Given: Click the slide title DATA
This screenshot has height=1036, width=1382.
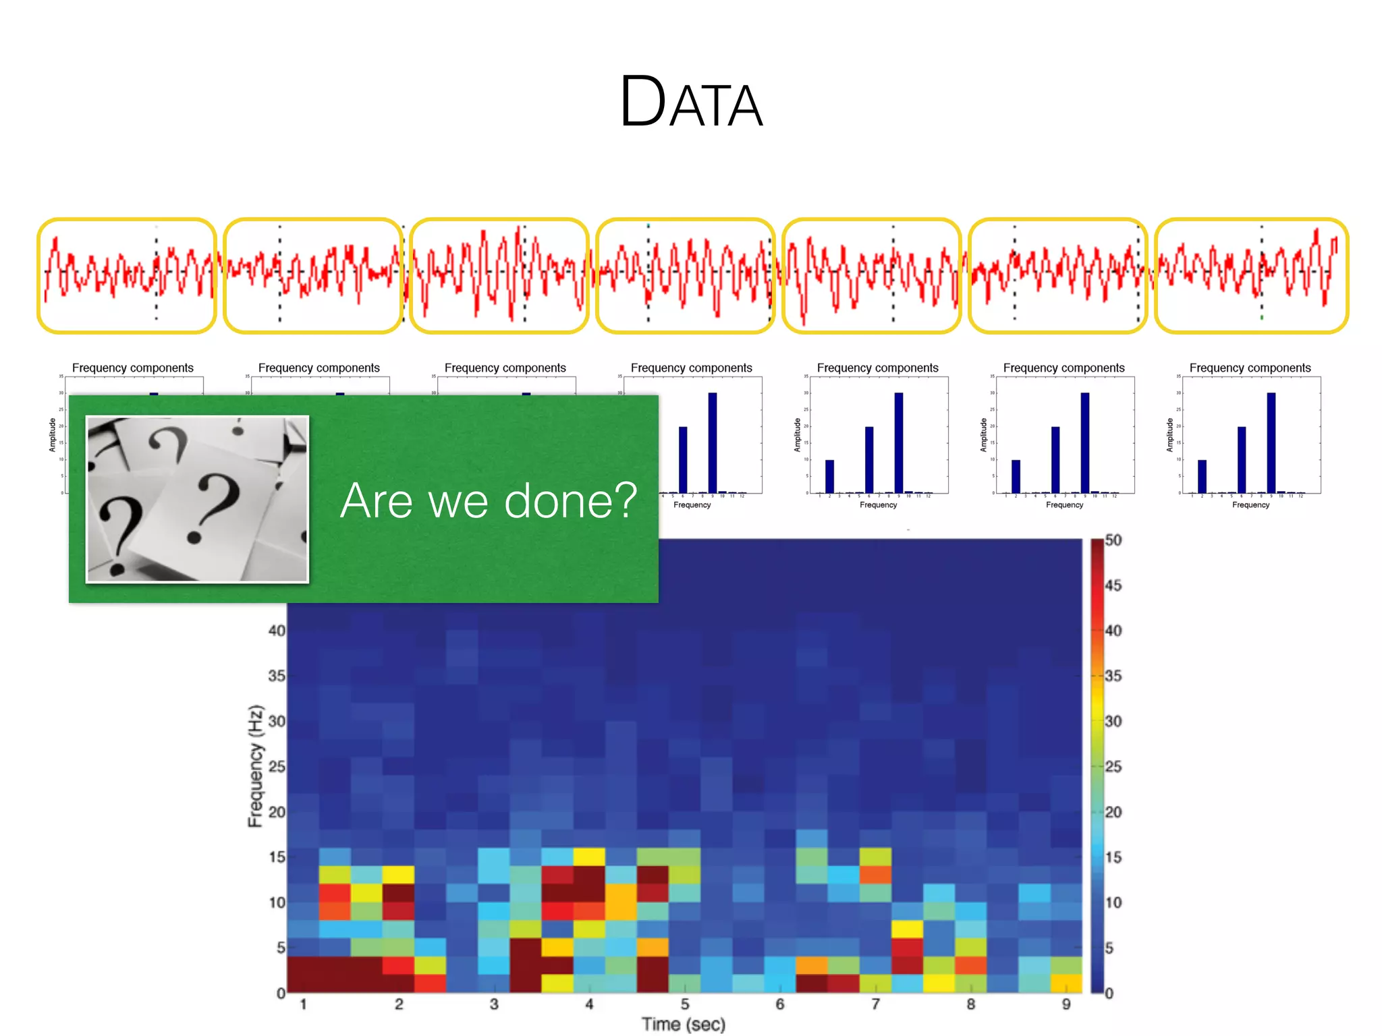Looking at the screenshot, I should [x=691, y=103].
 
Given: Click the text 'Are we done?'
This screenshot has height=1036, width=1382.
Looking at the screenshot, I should [x=489, y=500].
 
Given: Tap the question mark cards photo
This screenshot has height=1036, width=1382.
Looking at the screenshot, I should [x=197, y=498].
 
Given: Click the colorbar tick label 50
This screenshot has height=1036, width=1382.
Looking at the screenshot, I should [x=1113, y=540].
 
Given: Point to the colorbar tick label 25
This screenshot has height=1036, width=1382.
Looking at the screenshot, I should [x=1113, y=766].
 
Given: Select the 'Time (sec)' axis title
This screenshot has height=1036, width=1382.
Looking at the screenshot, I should [x=683, y=1024].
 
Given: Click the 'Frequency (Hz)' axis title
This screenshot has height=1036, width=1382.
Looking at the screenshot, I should [x=255, y=766].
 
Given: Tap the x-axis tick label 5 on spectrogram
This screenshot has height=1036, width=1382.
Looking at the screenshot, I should [x=684, y=1004].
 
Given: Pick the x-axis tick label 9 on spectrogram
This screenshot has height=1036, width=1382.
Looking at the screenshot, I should [x=1066, y=1004].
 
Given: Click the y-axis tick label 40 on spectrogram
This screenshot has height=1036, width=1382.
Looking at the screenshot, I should [x=277, y=631].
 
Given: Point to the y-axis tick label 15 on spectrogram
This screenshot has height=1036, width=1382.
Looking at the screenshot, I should [x=277, y=857].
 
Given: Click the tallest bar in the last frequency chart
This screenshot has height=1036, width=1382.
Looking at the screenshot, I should [x=1271, y=442].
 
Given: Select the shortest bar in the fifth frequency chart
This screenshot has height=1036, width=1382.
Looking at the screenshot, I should [x=829, y=476].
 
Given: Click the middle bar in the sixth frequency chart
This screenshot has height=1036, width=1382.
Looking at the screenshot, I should [x=1055, y=459].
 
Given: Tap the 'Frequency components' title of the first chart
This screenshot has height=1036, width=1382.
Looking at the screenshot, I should [x=132, y=368].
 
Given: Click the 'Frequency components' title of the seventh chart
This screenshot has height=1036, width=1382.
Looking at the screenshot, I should [x=1250, y=368].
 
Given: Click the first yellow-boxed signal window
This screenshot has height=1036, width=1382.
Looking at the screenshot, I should [x=127, y=275].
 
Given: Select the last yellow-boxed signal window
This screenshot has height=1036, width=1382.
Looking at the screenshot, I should [x=1251, y=275].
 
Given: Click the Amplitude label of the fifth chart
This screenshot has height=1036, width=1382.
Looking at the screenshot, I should [x=797, y=435].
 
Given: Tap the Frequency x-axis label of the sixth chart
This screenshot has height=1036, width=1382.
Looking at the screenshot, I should [x=1064, y=505].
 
